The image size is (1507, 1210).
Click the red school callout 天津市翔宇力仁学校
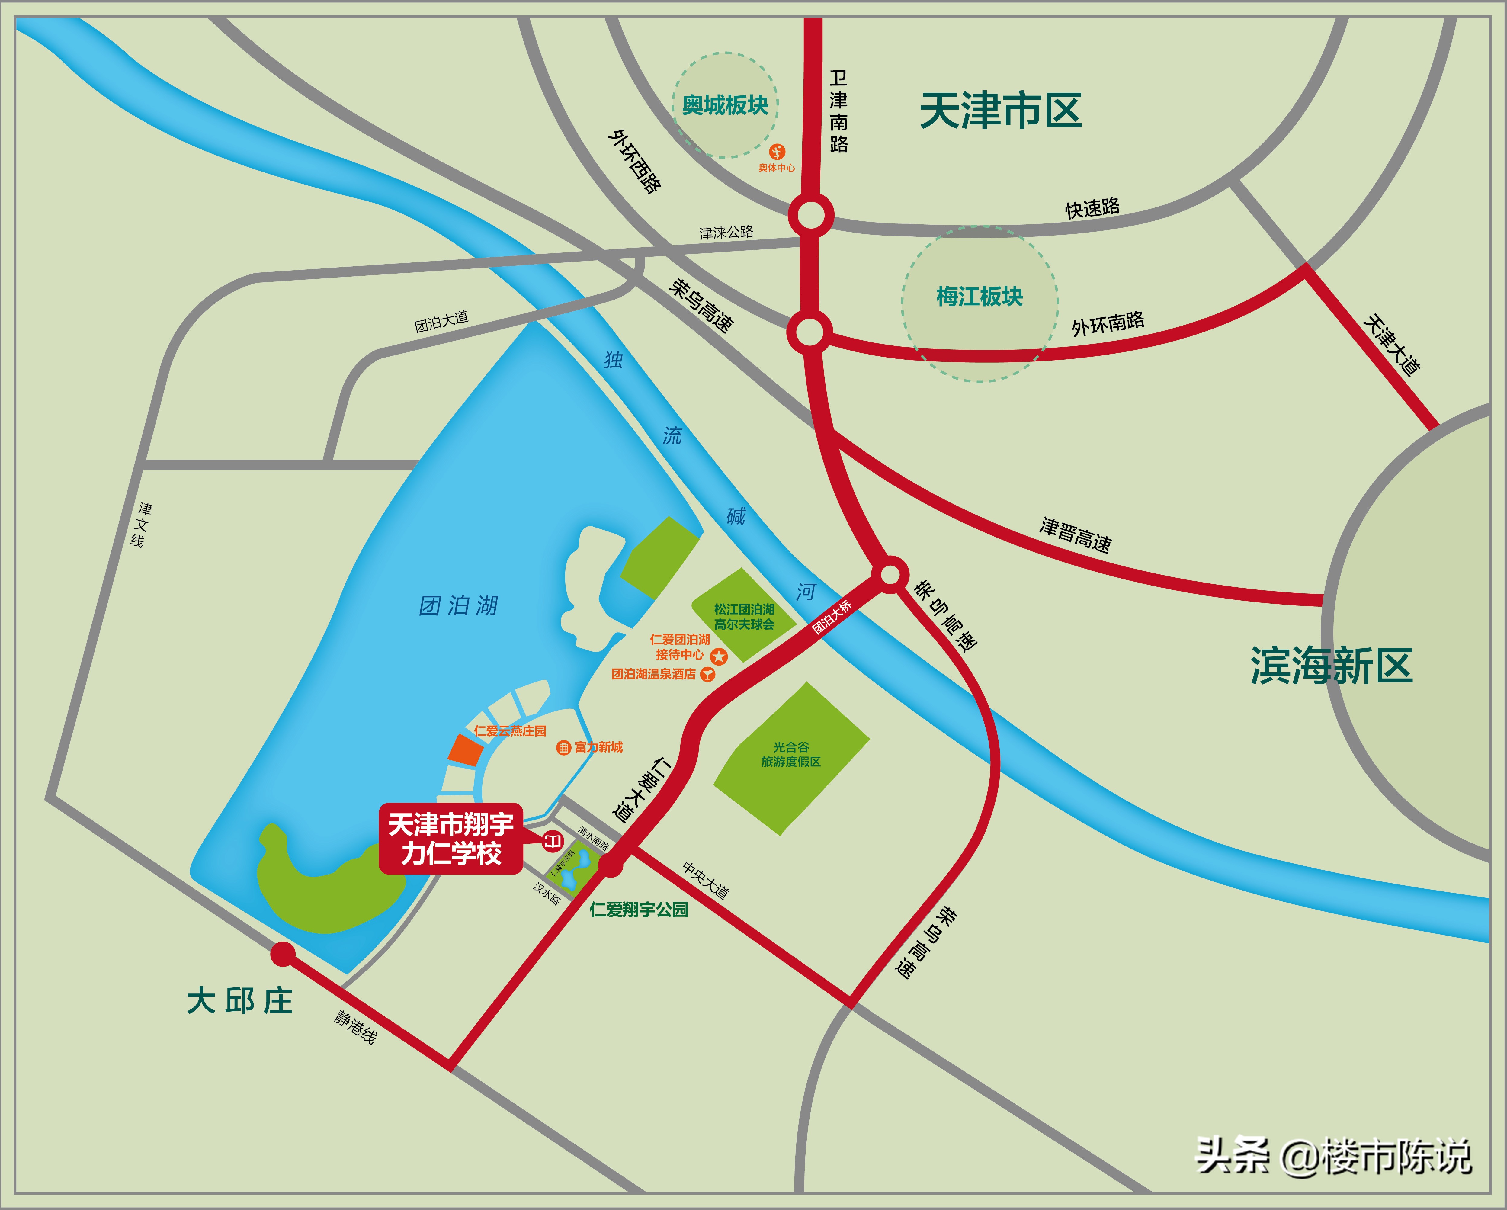(451, 839)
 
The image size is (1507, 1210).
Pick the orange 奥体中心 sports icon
(777, 152)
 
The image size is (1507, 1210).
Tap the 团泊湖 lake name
(459, 605)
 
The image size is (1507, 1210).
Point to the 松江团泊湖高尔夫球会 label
(744, 617)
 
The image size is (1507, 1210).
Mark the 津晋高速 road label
(1075, 535)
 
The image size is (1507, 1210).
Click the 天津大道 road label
(1391, 345)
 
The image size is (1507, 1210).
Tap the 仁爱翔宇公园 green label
(639, 910)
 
